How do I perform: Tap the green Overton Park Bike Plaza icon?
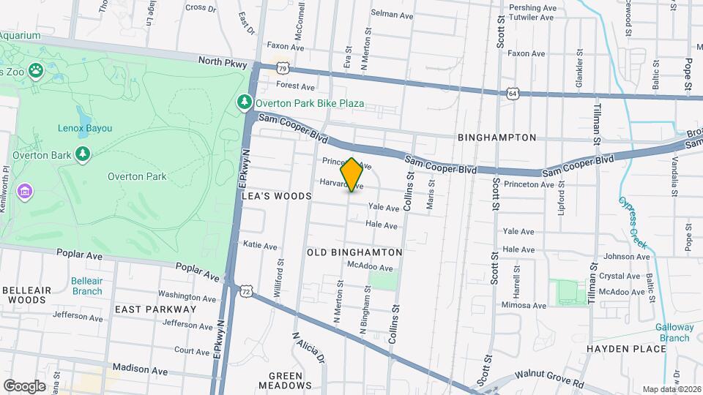pos(245,103)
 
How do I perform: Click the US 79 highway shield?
pos(283,68)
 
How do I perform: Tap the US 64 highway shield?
pos(512,93)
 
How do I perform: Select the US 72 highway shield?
pos(246,291)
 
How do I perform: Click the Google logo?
pos(24,385)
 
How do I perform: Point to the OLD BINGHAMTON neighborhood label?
pos(354,252)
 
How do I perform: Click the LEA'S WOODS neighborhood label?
pos(277,196)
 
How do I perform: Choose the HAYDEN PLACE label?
pos(626,349)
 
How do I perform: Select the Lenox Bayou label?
pos(85,128)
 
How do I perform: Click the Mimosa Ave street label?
pos(519,304)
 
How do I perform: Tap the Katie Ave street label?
pos(260,246)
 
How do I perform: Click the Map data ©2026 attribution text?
pos(671,389)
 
